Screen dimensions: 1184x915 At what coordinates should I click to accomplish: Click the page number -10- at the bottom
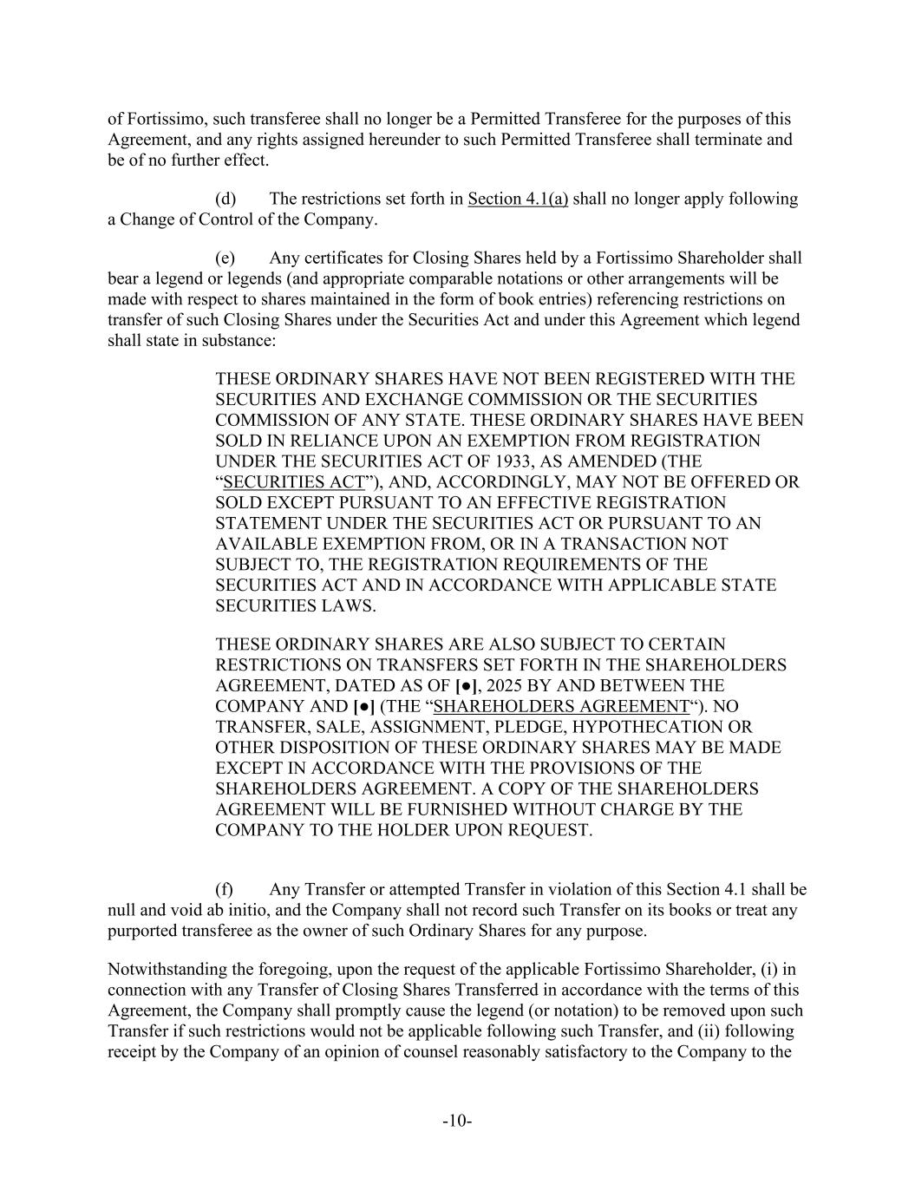[x=457, y=1122]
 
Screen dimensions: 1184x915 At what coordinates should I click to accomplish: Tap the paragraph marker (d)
[x=225, y=200]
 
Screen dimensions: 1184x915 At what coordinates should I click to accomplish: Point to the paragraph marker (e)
[x=225, y=258]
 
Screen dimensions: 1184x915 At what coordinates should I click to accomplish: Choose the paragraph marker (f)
[x=224, y=890]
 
